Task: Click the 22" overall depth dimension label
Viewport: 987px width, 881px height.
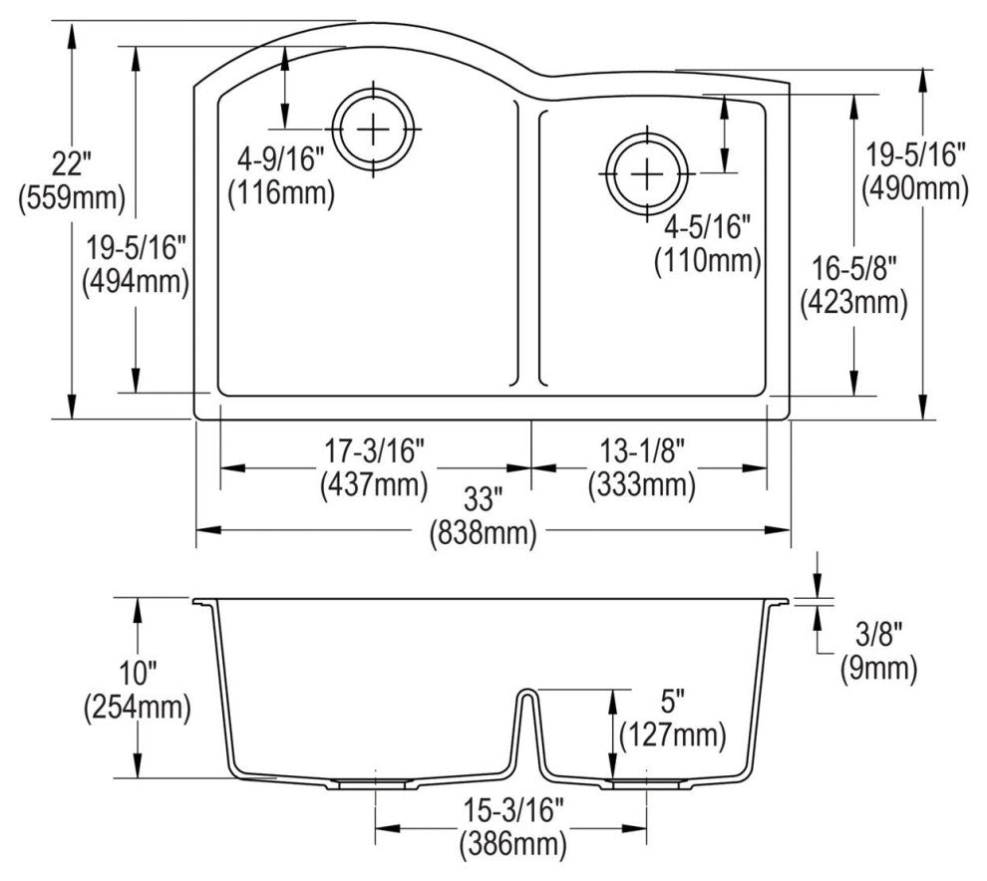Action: tap(72, 160)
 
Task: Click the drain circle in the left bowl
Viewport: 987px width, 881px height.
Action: tap(374, 131)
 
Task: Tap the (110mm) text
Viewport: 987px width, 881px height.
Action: tap(707, 261)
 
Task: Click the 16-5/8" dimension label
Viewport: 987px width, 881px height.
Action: tap(853, 267)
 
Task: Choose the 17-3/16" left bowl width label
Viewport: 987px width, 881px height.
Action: tap(374, 451)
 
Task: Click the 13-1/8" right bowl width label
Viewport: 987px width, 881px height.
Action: tap(641, 451)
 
